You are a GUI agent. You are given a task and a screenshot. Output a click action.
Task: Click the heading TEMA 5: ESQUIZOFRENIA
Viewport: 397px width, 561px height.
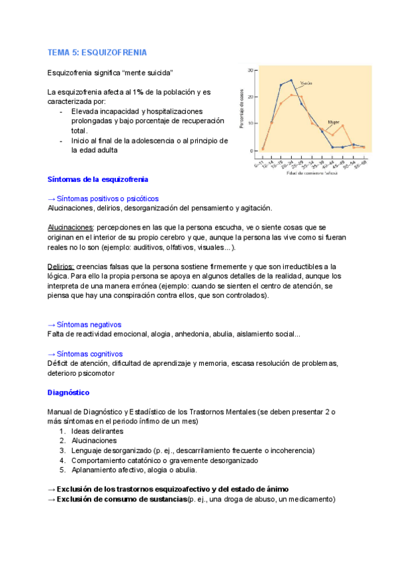click(97, 52)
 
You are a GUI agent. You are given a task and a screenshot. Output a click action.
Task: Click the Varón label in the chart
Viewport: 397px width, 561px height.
click(306, 83)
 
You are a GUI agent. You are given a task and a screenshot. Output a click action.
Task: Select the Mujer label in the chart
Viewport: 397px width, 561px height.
click(334, 122)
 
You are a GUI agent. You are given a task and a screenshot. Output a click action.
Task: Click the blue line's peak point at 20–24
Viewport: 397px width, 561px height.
click(291, 80)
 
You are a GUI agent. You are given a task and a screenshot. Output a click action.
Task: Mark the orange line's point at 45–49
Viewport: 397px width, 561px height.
click(343, 126)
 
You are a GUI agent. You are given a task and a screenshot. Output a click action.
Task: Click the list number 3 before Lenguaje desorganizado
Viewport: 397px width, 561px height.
click(62, 451)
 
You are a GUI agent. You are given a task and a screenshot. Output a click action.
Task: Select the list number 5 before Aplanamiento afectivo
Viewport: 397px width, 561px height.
click(62, 470)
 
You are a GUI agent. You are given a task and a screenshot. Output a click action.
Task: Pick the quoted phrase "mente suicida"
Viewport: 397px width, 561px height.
click(148, 71)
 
